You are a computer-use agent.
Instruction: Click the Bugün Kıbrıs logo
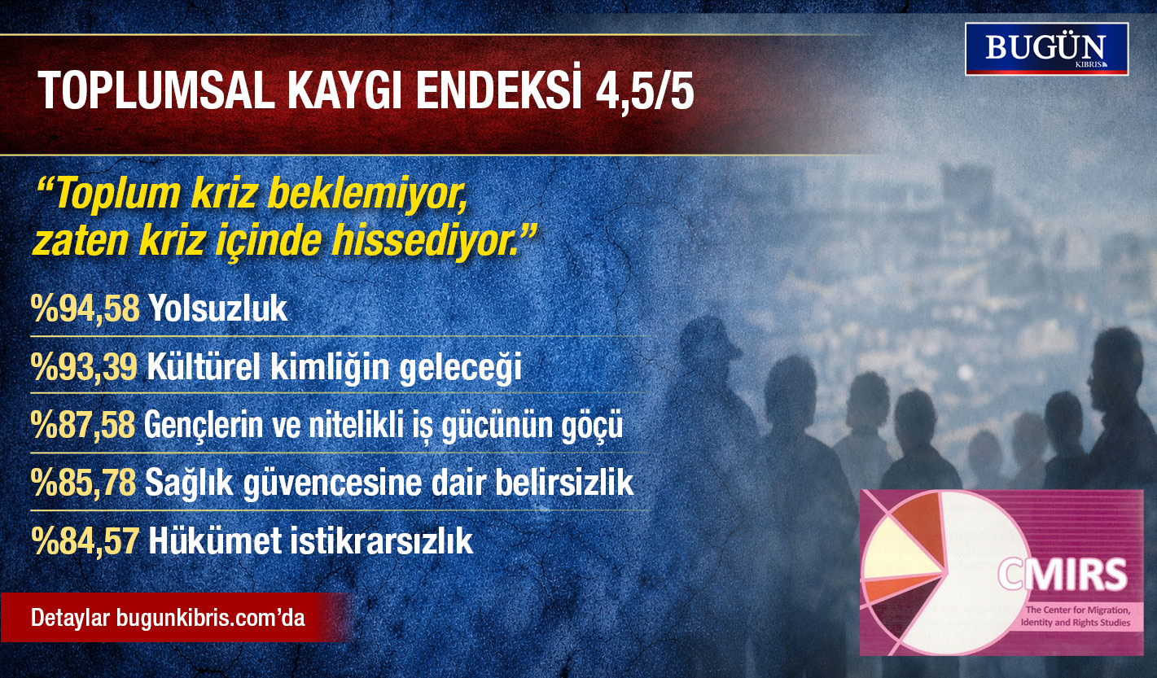[x=1046, y=49]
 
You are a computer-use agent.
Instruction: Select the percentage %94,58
[x=84, y=308]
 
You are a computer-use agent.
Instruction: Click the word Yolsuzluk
[x=218, y=308]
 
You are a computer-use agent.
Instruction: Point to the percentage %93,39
[x=84, y=367]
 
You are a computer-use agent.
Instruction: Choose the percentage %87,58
[x=84, y=426]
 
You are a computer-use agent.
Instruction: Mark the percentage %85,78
[x=84, y=483]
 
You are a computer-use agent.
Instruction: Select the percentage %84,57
[x=84, y=541]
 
